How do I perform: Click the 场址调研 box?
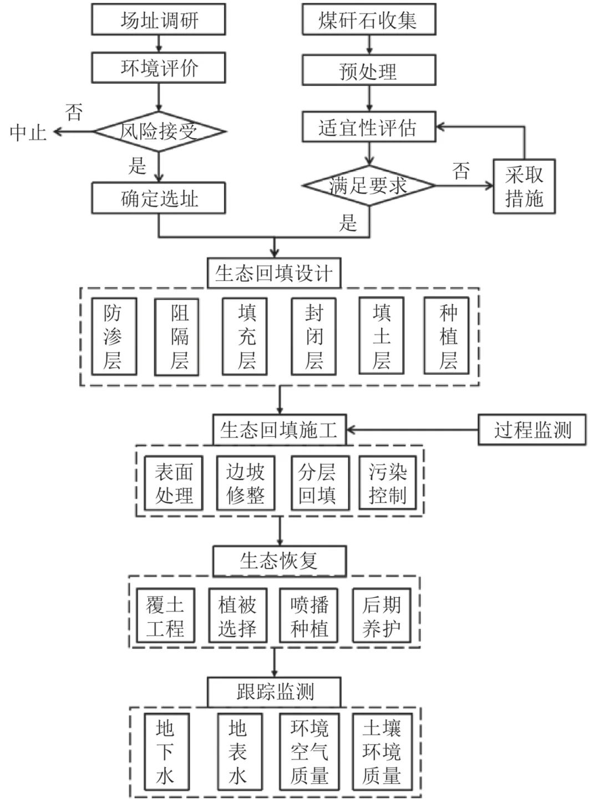pyautogui.click(x=159, y=21)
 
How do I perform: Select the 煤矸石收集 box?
pyautogui.click(x=368, y=21)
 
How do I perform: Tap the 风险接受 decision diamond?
pyautogui.click(x=159, y=132)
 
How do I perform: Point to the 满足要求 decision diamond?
pyautogui.click(x=368, y=185)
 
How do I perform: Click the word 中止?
pyautogui.click(x=28, y=132)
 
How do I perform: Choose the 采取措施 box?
pyautogui.click(x=524, y=187)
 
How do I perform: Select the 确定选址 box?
pyautogui.click(x=159, y=198)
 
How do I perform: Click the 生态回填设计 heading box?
pyautogui.click(x=274, y=273)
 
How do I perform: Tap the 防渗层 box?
pyautogui.click(x=114, y=337)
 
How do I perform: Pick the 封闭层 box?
pyautogui.click(x=314, y=337)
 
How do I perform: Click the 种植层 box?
pyautogui.click(x=446, y=337)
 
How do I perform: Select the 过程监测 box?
pyautogui.click(x=531, y=430)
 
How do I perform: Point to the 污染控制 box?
pyautogui.click(x=388, y=483)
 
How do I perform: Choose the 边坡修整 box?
pyautogui.click(x=245, y=483)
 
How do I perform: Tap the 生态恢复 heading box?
pyautogui.click(x=279, y=561)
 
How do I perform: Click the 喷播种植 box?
pyautogui.click(x=309, y=616)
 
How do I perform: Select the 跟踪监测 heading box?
pyautogui.click(x=274, y=692)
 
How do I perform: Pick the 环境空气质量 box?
pyautogui.click(x=309, y=752)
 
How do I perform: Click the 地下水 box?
pyautogui.click(x=165, y=752)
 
